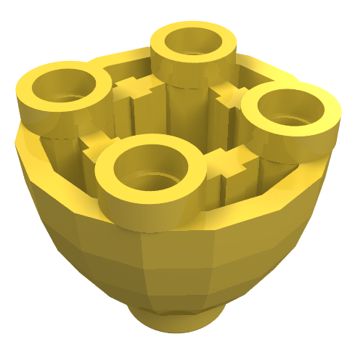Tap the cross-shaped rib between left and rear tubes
[x=136, y=89]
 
